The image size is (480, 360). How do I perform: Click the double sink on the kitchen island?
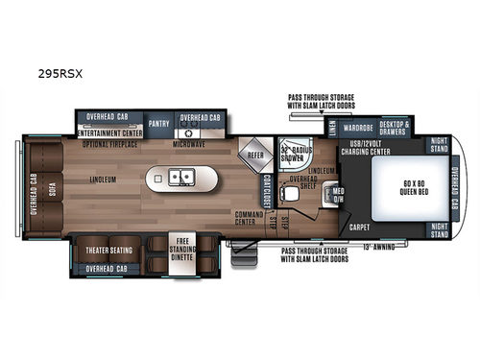[x=180, y=177]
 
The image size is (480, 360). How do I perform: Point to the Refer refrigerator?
[x=255, y=154]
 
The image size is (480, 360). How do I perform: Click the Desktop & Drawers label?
[x=395, y=126]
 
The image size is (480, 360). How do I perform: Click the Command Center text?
[x=249, y=218]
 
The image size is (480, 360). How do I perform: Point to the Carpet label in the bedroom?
[x=359, y=228]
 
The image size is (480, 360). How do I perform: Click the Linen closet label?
[x=331, y=125]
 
